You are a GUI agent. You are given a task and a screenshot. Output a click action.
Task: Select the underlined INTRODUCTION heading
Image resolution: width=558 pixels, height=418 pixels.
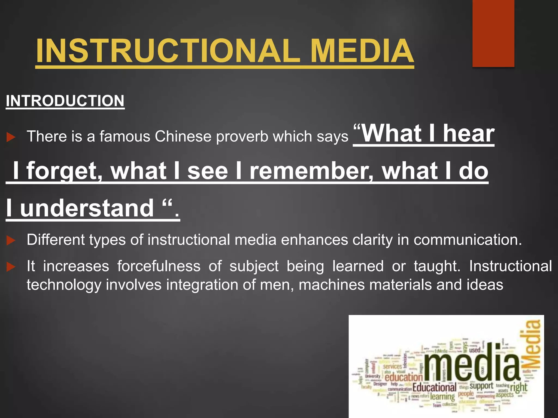[65, 101]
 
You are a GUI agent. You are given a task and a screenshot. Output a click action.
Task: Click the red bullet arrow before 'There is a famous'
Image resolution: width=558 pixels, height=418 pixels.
[11, 137]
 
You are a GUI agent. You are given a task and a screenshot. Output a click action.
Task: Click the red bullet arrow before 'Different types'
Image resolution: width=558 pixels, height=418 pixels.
[11, 241]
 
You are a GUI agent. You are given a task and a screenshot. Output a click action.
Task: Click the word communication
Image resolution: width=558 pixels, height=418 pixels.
[468, 240]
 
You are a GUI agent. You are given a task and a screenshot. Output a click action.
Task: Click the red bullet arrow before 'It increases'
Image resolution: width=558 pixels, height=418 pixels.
[11, 267]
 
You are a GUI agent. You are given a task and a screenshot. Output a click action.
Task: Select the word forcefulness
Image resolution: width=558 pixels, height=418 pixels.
[159, 266]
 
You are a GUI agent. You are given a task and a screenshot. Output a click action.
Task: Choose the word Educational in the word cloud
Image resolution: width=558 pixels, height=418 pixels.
[434, 387]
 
